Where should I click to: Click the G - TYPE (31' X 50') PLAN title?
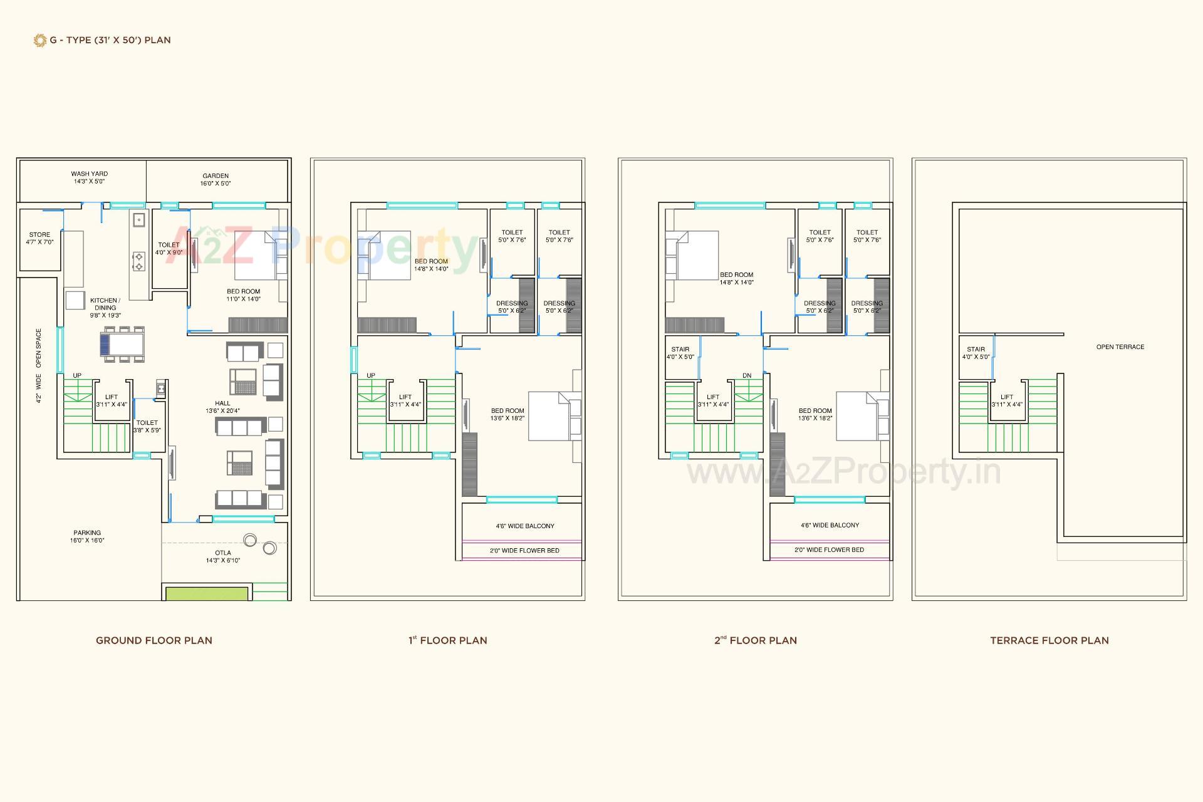point(110,40)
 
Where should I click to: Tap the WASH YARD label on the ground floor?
point(89,177)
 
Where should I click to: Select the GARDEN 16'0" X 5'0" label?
point(216,180)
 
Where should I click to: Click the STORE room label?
point(39,238)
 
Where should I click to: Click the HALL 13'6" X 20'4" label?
point(222,407)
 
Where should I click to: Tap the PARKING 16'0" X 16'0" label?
point(87,536)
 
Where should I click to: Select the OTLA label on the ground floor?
point(223,556)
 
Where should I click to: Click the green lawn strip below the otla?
point(206,593)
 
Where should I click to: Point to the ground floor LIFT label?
point(112,400)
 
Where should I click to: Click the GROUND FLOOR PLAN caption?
point(154,640)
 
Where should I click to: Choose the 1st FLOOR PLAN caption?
point(447,640)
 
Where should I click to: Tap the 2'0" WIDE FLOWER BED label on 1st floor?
point(524,551)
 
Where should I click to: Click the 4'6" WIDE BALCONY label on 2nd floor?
point(830,525)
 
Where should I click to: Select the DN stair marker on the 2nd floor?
point(747,376)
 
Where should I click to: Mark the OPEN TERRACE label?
point(1120,346)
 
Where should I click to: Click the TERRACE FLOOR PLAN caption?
point(1049,640)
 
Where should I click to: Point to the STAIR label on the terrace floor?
point(976,353)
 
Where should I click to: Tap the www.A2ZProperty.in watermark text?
point(843,472)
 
